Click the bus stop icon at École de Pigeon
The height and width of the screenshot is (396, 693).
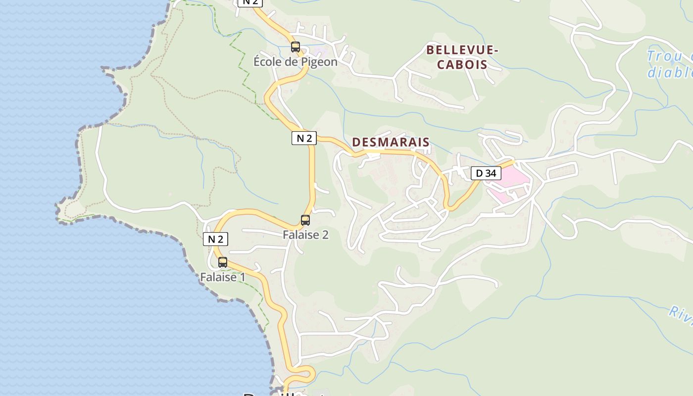click(296, 47)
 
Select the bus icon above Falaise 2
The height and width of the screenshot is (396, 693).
click(305, 220)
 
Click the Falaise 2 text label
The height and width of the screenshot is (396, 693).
click(305, 235)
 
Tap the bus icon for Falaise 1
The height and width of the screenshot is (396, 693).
click(223, 262)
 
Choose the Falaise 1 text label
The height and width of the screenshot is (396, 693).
click(222, 277)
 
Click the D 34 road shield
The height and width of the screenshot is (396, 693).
click(486, 173)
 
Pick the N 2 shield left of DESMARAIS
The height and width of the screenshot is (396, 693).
click(303, 138)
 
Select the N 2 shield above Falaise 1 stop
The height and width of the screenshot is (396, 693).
click(215, 239)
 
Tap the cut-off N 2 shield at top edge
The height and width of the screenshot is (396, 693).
click(250, 2)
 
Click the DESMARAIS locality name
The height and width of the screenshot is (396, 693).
click(391, 143)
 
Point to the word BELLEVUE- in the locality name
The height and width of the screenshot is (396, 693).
click(462, 50)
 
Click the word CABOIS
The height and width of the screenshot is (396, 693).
click(462, 64)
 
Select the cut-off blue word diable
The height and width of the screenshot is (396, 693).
click(671, 72)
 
